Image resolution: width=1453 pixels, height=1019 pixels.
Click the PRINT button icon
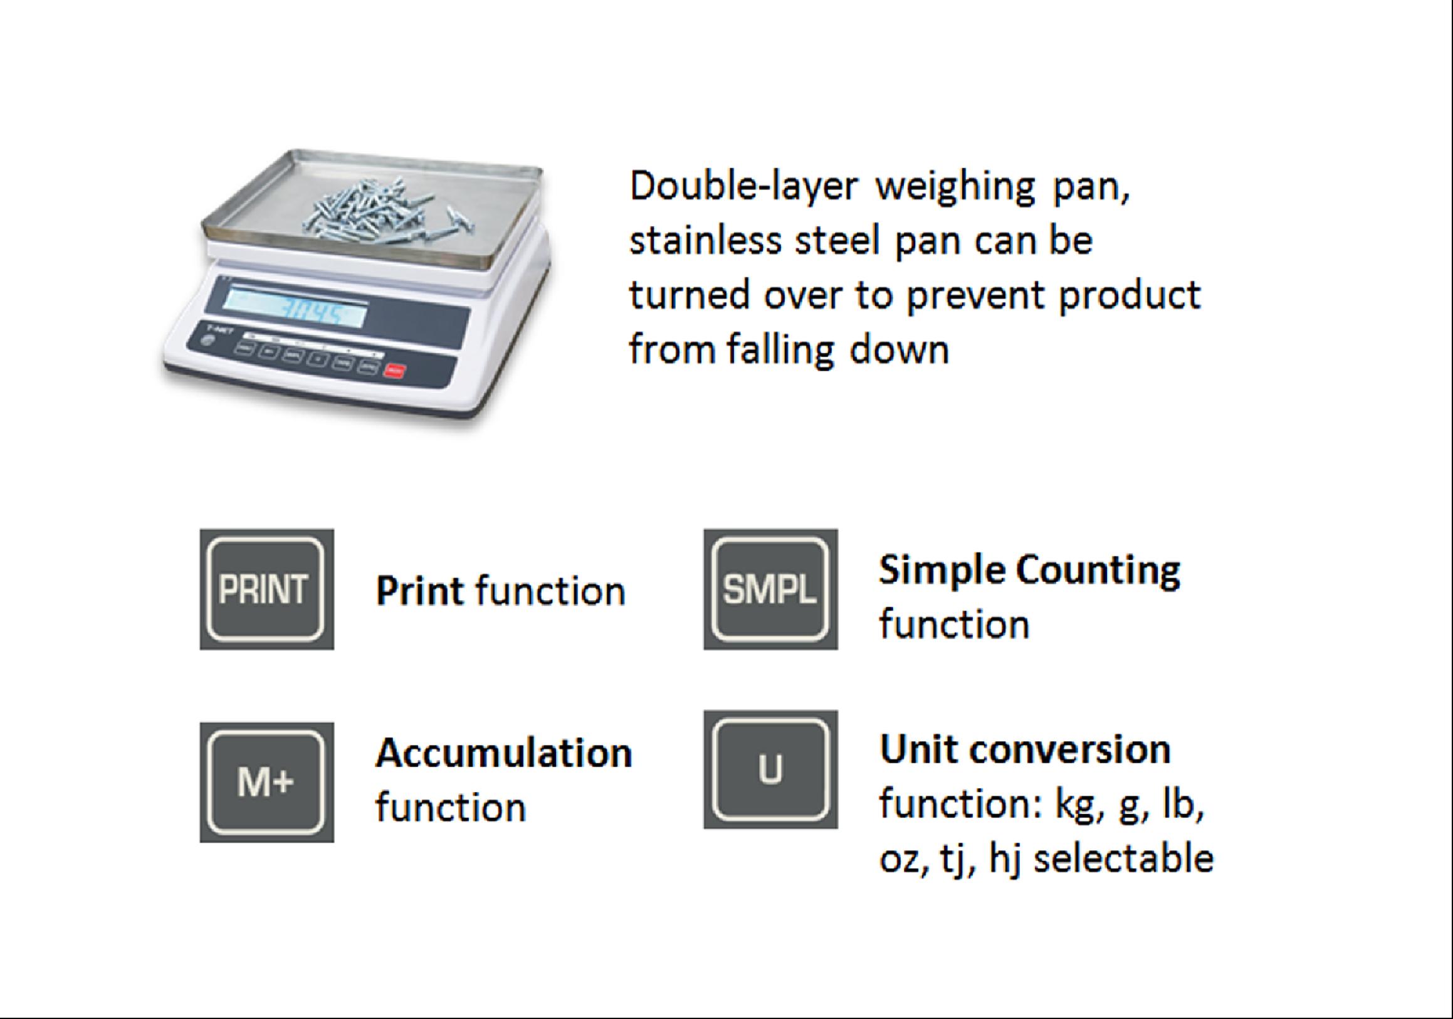(266, 589)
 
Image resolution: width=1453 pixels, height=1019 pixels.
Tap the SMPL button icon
(770, 589)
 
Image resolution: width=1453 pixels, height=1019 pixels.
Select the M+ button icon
(266, 783)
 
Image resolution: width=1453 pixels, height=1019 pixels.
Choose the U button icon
(770, 769)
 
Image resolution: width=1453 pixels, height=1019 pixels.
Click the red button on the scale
(395, 371)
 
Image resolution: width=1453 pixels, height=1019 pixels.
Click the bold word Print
(420, 591)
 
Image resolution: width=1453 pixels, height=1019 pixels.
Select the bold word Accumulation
(504, 753)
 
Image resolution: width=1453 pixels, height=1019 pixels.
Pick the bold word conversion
(1070, 750)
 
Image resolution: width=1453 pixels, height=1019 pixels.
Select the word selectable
(1123, 858)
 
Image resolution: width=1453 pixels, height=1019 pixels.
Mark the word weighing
(955, 189)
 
